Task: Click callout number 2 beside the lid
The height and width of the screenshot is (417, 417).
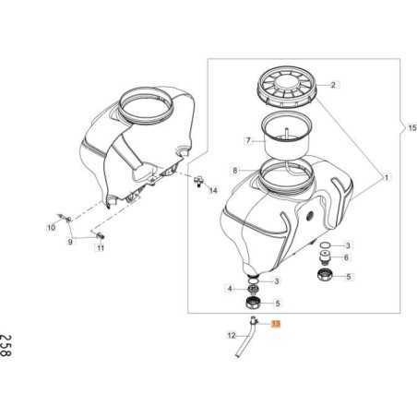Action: coord(334,85)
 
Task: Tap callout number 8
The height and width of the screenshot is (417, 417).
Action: coord(234,171)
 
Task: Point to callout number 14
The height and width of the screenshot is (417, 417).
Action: coord(213,191)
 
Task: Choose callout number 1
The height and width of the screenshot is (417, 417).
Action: coord(387,176)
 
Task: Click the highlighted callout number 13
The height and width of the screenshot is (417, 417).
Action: coord(274,324)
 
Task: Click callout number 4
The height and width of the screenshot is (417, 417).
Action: coord(230,289)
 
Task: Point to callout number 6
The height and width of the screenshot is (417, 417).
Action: coord(346,259)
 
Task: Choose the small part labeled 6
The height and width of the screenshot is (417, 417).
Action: coord(326,259)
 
